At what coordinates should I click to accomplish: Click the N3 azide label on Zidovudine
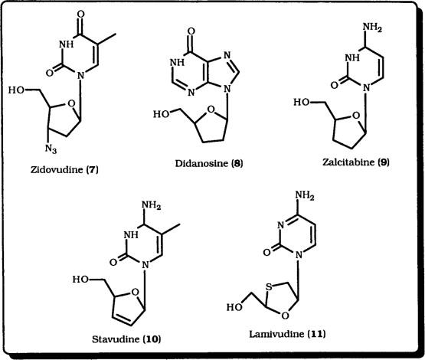(x=51, y=149)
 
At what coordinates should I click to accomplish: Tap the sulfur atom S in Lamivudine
(x=269, y=287)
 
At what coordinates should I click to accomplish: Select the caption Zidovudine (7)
(x=64, y=170)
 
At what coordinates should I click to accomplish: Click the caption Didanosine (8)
(x=209, y=163)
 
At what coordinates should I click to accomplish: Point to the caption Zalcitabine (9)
(x=356, y=162)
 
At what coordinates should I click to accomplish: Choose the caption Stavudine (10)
(x=126, y=339)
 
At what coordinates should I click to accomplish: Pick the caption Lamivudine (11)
(x=287, y=334)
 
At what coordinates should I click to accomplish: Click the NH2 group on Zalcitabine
(x=372, y=28)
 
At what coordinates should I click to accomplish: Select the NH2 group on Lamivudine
(x=305, y=195)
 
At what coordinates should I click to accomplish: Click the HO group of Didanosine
(x=162, y=114)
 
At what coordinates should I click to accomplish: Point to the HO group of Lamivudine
(x=235, y=307)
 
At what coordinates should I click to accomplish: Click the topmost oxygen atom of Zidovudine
(x=80, y=14)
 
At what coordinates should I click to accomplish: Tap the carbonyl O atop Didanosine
(x=191, y=31)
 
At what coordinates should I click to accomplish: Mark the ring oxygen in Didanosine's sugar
(x=211, y=110)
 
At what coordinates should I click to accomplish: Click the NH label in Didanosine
(x=177, y=62)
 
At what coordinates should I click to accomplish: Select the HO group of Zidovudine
(x=17, y=90)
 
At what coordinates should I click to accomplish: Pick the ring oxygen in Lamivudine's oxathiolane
(x=285, y=316)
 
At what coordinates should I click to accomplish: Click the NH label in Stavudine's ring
(x=131, y=234)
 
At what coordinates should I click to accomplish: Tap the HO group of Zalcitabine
(x=302, y=102)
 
